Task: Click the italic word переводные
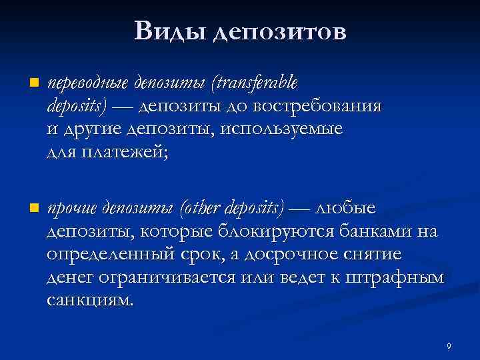pyautogui.click(x=88, y=83)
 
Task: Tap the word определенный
pyautogui.click(x=106, y=256)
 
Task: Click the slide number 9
pyautogui.click(x=449, y=347)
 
